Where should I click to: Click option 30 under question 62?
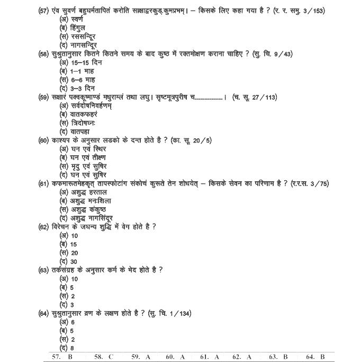70,261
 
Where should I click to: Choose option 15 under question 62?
70,244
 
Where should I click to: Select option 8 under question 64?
68,348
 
